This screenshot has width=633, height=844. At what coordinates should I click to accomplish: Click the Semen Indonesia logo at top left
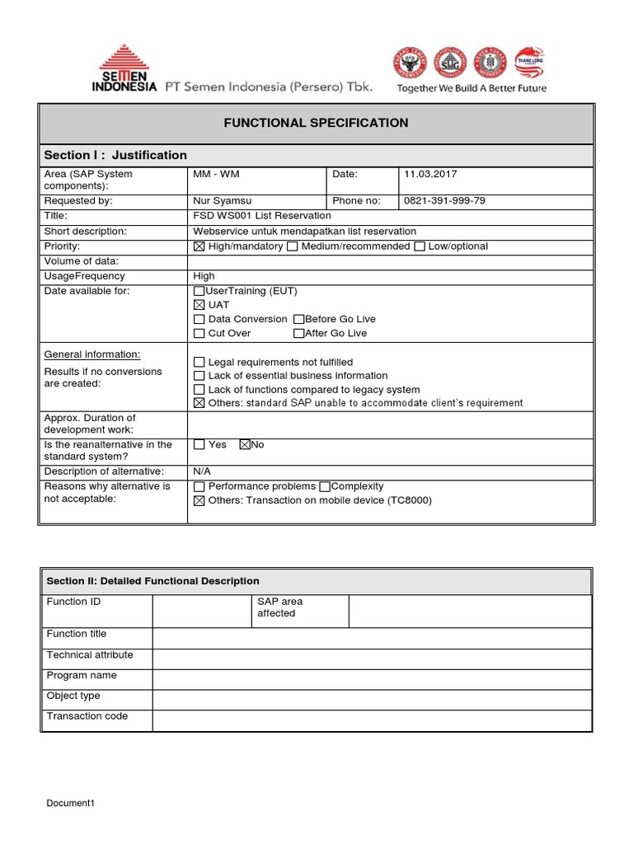coord(127,69)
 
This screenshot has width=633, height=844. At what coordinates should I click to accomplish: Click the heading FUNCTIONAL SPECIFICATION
coord(316,123)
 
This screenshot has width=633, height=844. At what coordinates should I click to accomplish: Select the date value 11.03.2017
coord(430,174)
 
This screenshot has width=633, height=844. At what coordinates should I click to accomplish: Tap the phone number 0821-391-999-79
coord(445,200)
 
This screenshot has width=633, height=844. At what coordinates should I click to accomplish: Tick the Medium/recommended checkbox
coord(292,246)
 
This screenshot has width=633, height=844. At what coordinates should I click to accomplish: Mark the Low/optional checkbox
coord(420,246)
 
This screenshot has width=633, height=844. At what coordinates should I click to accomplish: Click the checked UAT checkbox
coord(199,305)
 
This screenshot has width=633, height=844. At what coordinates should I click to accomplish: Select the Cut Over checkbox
coord(199,333)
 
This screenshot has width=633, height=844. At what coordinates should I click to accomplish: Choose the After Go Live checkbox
coord(298,333)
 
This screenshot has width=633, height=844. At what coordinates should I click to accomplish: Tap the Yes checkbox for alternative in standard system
coord(199,445)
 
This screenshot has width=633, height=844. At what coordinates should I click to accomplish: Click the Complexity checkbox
coord(324,486)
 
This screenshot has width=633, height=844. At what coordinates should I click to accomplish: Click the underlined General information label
coord(92,354)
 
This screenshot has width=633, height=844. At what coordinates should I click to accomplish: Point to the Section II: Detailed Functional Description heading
coord(153,581)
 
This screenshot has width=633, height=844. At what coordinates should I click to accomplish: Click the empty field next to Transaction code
coord(371,720)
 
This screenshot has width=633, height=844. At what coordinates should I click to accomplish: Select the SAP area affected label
coord(279,607)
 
